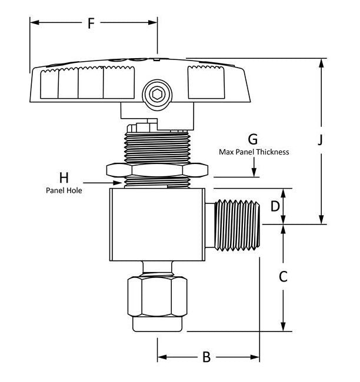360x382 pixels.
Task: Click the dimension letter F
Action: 91,24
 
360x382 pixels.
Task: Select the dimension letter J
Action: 321,140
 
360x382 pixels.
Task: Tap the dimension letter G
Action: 253,139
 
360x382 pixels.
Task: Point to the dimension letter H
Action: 64,177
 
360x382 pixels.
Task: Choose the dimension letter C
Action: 283,276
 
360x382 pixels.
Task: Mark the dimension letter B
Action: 206,357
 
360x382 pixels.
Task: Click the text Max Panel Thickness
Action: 254,152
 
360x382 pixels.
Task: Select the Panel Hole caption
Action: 64,190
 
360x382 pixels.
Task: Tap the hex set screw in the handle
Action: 157,93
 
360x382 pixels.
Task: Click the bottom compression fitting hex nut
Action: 158,298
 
